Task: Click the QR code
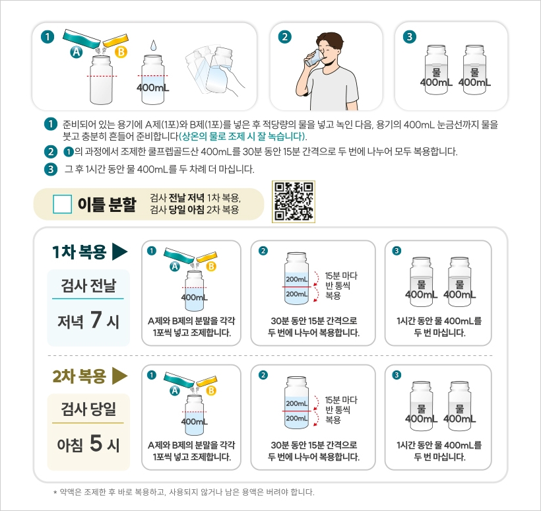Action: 294,201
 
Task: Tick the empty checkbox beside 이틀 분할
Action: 63,204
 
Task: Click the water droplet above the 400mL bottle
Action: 153,46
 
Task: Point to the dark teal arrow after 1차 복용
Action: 119,252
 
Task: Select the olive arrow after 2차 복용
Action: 119,376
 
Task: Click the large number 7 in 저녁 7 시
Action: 96,320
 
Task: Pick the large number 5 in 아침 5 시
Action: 96,443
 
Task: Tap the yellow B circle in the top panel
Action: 121,52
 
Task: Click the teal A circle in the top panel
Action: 77,52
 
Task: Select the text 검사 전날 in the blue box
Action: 88,285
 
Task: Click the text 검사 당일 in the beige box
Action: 88,409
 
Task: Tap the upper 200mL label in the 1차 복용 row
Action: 297,279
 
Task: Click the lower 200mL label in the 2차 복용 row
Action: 297,418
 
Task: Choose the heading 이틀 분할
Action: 107,204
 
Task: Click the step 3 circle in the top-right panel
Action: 410,36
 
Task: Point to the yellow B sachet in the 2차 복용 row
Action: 207,380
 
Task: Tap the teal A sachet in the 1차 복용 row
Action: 179,255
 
